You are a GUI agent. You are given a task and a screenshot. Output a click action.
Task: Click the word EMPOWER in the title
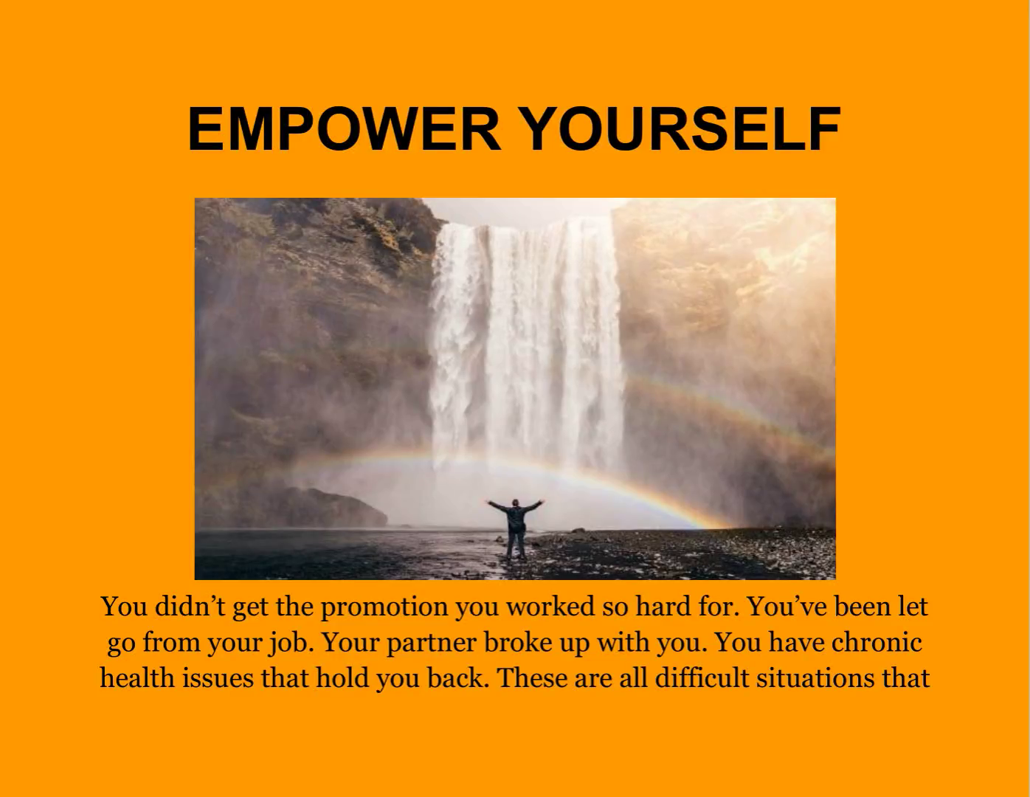pyautogui.click(x=344, y=128)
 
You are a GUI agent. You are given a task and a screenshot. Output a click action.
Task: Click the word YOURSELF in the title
pyautogui.click(x=682, y=128)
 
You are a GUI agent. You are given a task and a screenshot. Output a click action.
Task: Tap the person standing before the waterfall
pyautogui.click(x=515, y=528)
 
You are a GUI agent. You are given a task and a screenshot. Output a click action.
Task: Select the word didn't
pyautogui.click(x=190, y=607)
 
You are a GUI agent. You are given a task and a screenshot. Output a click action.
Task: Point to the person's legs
pyautogui.click(x=516, y=545)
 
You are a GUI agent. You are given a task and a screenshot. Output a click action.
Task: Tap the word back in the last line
pyautogui.click(x=457, y=678)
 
